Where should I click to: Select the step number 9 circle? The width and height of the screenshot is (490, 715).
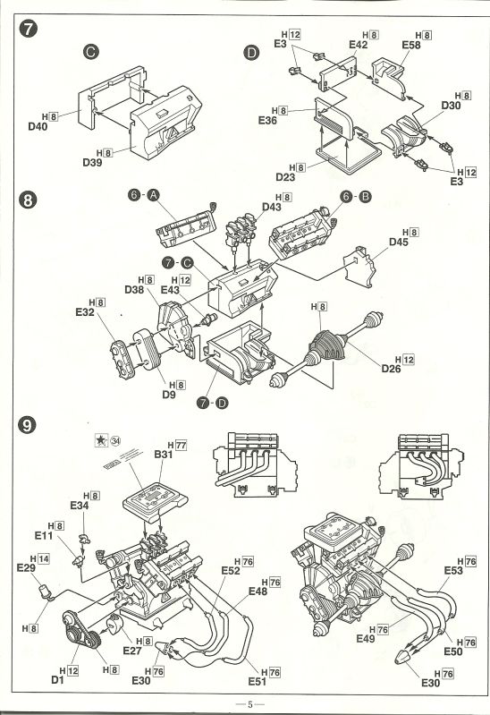[x=28, y=426]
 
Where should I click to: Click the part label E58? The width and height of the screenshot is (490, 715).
[x=411, y=44]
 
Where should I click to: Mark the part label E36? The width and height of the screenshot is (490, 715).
[x=267, y=121]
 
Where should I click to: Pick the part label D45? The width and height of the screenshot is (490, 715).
[x=398, y=242]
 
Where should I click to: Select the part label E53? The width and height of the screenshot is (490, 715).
[x=455, y=569]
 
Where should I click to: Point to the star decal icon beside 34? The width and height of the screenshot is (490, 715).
[x=101, y=439]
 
